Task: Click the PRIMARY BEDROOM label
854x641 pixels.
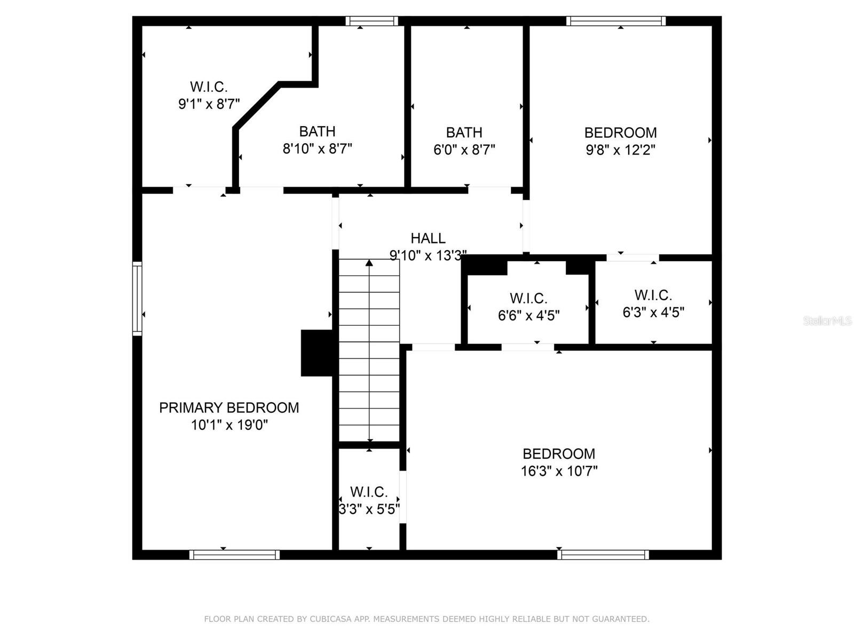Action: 229,408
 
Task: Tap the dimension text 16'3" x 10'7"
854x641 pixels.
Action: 559,471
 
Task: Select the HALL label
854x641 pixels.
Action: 428,238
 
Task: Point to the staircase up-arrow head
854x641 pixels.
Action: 369,263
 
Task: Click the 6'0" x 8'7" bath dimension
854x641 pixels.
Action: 464,150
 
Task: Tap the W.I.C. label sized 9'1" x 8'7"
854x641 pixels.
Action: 209,87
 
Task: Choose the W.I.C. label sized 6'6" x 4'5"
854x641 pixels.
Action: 528,299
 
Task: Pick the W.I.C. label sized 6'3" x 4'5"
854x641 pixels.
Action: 653,295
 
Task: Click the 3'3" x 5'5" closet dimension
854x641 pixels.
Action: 369,509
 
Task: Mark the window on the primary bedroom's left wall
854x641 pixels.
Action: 137,299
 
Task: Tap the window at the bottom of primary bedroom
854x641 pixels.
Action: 234,555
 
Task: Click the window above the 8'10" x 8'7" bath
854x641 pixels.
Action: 371,21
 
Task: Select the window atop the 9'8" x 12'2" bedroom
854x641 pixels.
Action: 616,21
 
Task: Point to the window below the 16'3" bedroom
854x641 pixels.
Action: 603,555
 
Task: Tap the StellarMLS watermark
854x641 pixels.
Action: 827,321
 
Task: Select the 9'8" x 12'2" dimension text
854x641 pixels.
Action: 620,150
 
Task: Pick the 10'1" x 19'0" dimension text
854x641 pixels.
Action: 229,426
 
